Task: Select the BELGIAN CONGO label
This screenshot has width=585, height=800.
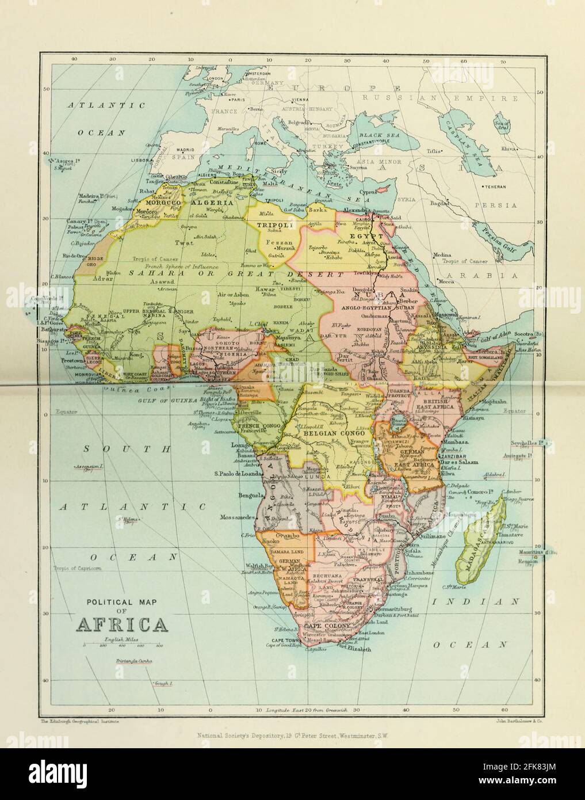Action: pos(336,431)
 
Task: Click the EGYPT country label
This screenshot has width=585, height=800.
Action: pos(369,236)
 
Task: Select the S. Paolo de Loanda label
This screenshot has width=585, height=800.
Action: pos(236,474)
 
